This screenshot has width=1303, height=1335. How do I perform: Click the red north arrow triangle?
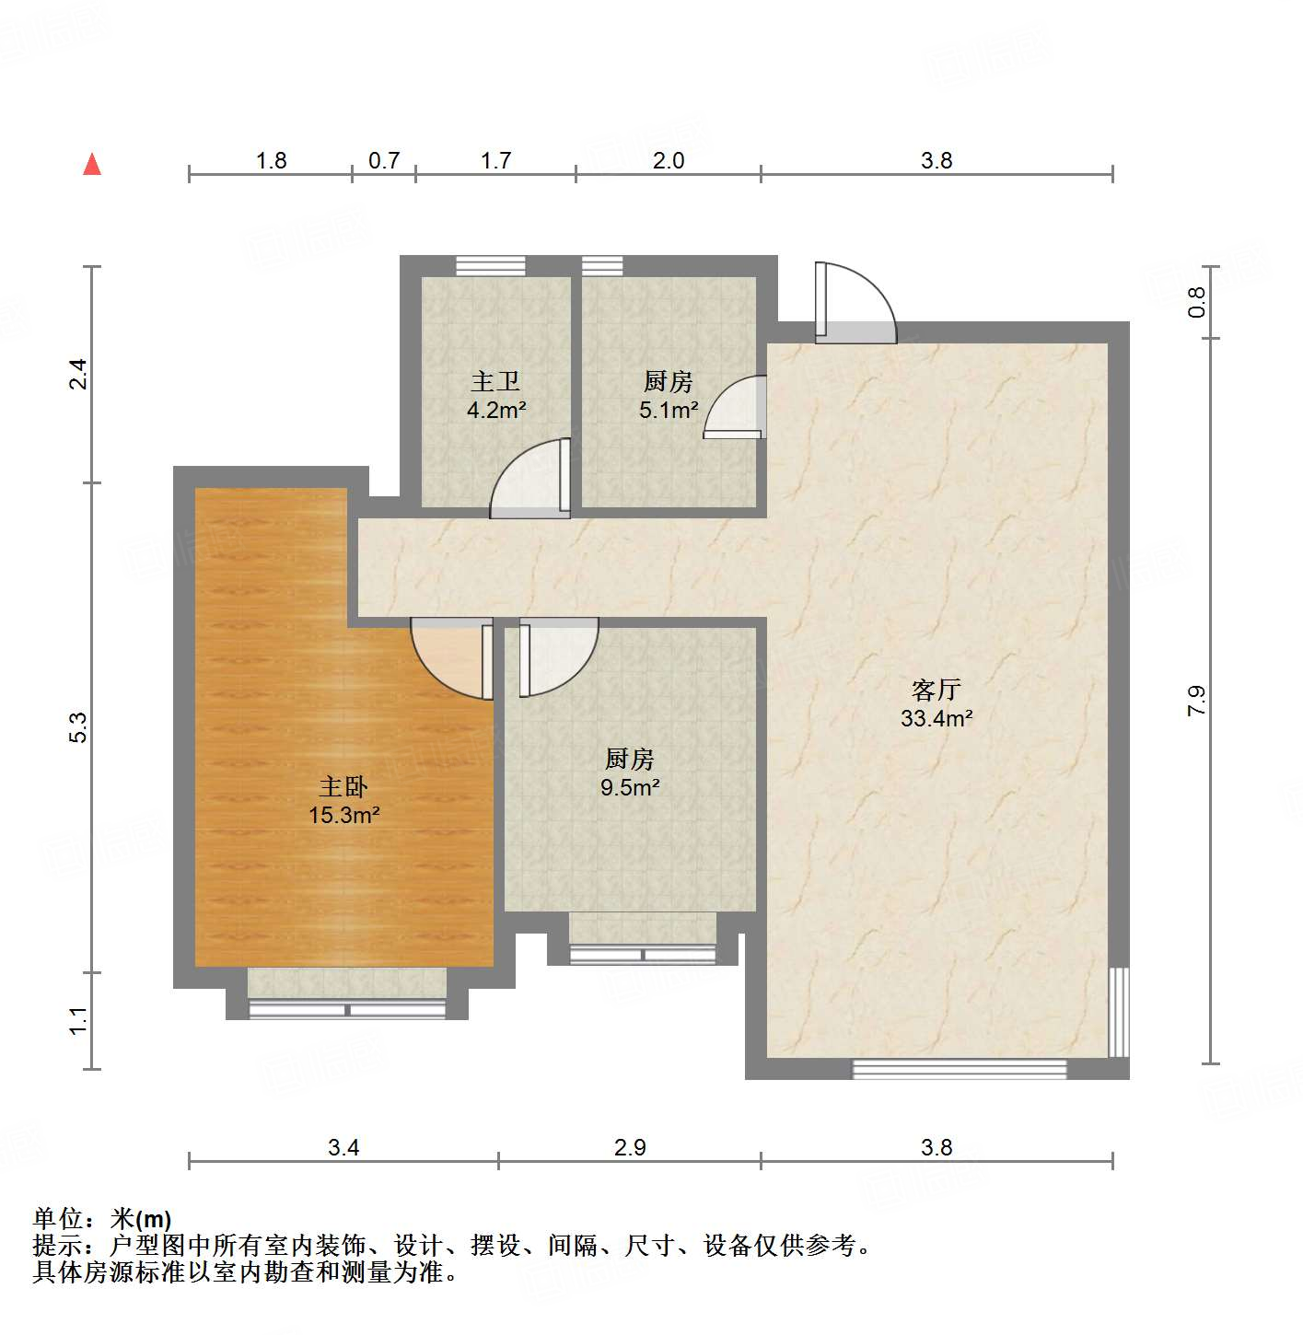pos(92,164)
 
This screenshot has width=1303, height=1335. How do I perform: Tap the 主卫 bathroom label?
pos(495,381)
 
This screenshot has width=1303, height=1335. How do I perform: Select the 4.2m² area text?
pos(495,410)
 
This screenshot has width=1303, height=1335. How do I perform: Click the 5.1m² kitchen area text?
pos(669,410)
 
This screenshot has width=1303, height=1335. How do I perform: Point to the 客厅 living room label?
pos(937,690)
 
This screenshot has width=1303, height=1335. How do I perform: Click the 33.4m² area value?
pos(937,718)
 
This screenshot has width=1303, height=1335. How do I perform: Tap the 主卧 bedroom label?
pos(343,786)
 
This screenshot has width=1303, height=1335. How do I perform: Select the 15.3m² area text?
pos(344,815)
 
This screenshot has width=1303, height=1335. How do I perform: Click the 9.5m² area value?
pos(631,787)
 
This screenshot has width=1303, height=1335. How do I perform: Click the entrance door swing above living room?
pos(854,304)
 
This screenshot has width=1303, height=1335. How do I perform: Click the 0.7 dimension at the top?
pos(384,160)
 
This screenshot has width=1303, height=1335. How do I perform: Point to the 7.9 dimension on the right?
pos(1195,702)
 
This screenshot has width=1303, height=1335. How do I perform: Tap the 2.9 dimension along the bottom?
pos(630,1147)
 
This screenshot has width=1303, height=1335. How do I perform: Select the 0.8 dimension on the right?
pos(1195,302)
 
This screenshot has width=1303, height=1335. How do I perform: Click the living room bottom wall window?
pos(959,1069)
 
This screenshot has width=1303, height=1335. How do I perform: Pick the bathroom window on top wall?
pos(491,265)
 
